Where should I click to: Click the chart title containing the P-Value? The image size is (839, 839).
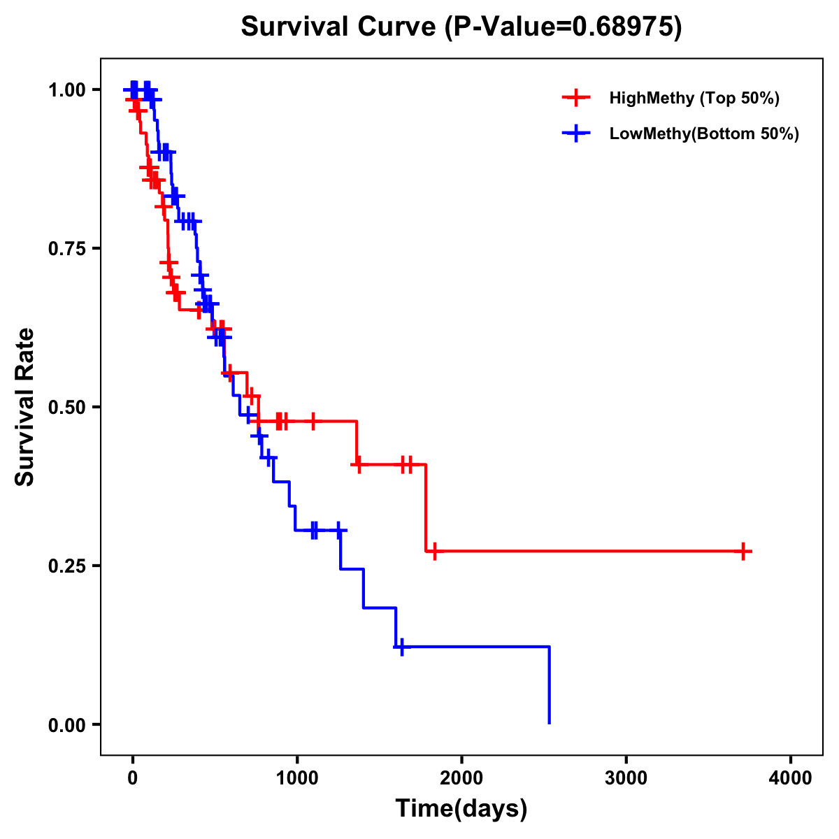point(461,27)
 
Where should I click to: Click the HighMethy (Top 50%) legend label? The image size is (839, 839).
point(694,98)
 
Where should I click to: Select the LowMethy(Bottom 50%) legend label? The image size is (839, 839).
point(703,134)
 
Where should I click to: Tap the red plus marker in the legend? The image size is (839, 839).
point(576,98)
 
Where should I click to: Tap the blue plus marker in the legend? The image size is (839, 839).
point(576,134)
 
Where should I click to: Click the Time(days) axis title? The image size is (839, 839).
point(461,809)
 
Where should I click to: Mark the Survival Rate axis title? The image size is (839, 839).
point(25,407)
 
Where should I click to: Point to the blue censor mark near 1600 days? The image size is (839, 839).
point(401,647)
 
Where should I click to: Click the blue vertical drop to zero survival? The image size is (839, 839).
point(550,685)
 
